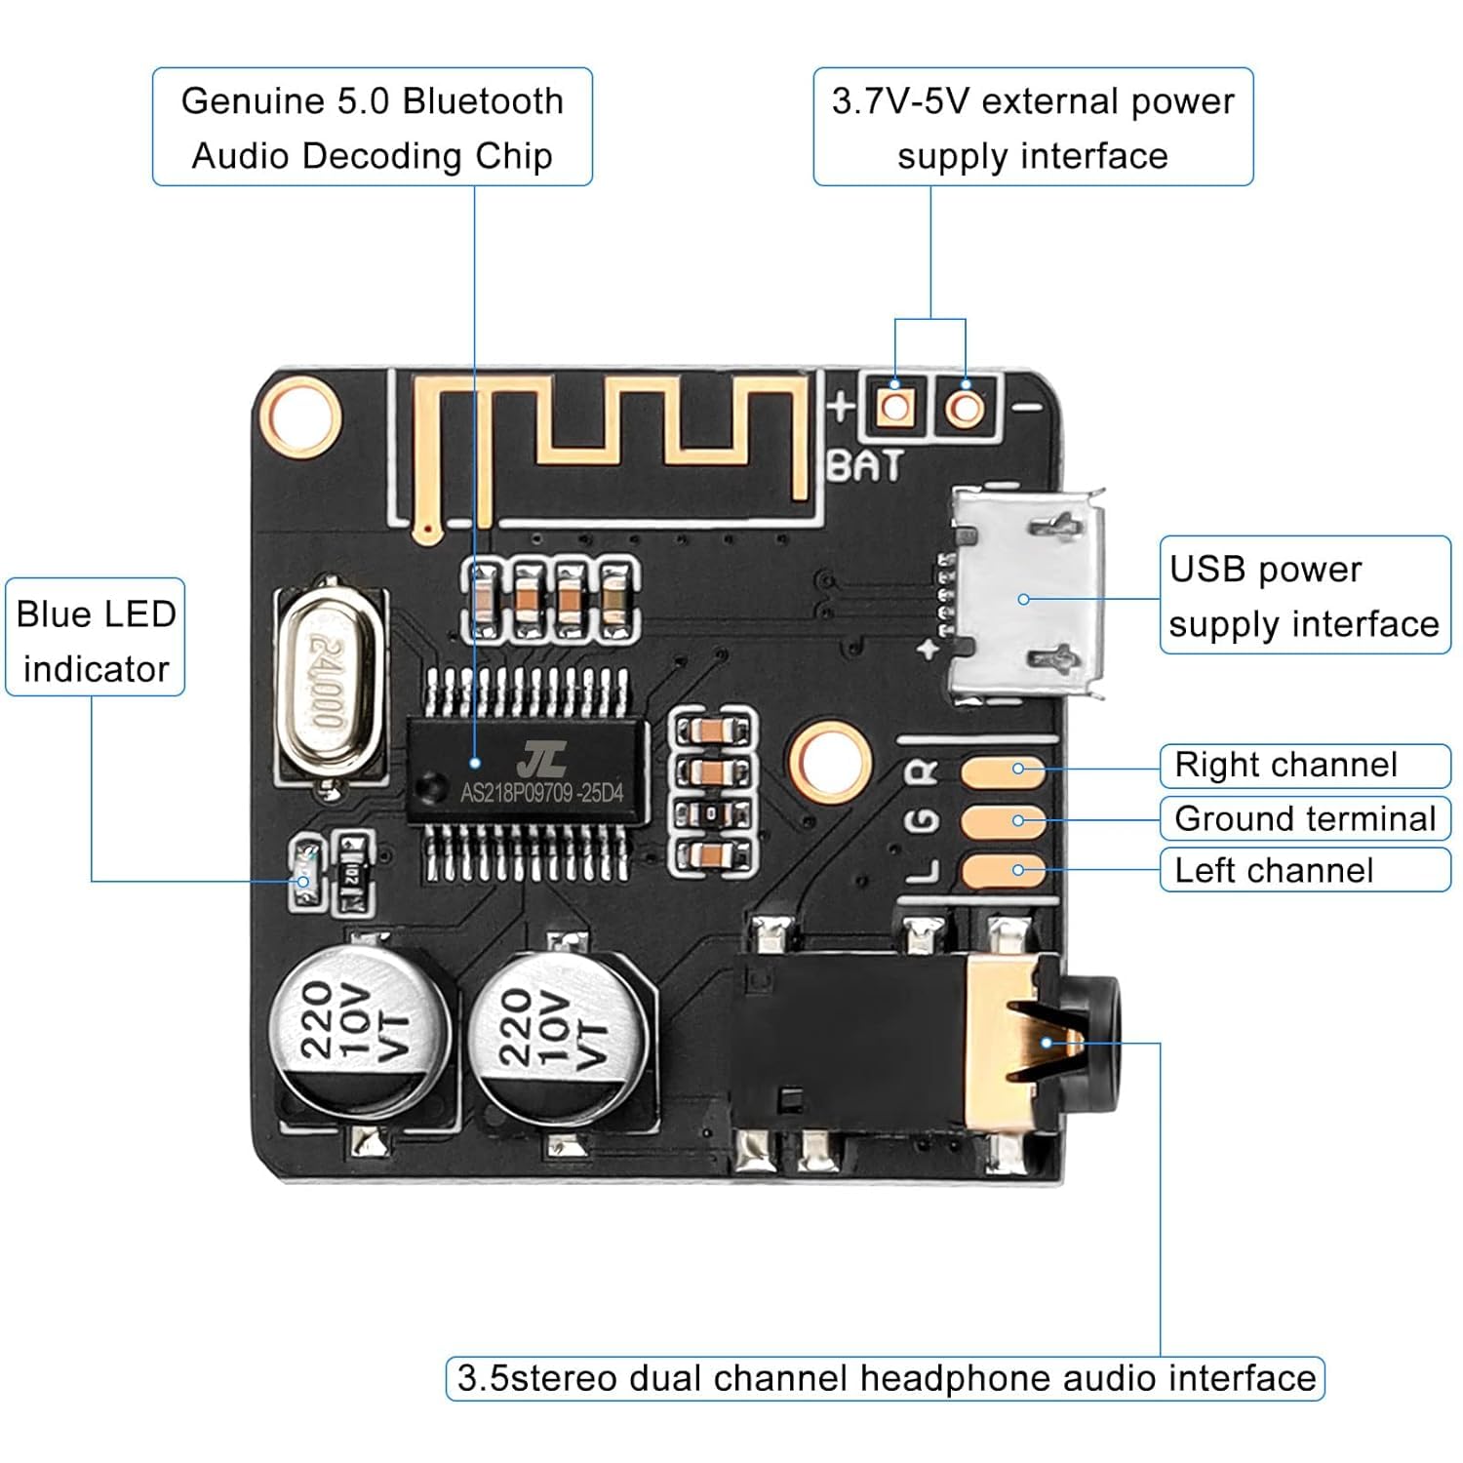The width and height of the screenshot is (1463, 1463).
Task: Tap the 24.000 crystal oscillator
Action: (x=327, y=683)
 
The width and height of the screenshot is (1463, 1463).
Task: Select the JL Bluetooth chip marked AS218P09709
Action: (x=528, y=771)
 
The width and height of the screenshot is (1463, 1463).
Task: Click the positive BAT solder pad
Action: (x=894, y=406)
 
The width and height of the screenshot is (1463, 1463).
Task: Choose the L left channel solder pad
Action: (x=1003, y=870)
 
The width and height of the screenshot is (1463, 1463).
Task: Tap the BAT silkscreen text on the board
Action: (x=865, y=466)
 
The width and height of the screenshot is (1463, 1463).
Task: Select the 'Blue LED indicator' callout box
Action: (x=96, y=638)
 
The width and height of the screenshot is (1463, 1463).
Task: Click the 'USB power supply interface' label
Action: (x=1304, y=595)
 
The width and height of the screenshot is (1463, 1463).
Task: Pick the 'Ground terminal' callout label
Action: (x=1304, y=818)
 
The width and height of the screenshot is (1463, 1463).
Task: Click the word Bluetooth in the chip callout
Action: (x=483, y=101)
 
